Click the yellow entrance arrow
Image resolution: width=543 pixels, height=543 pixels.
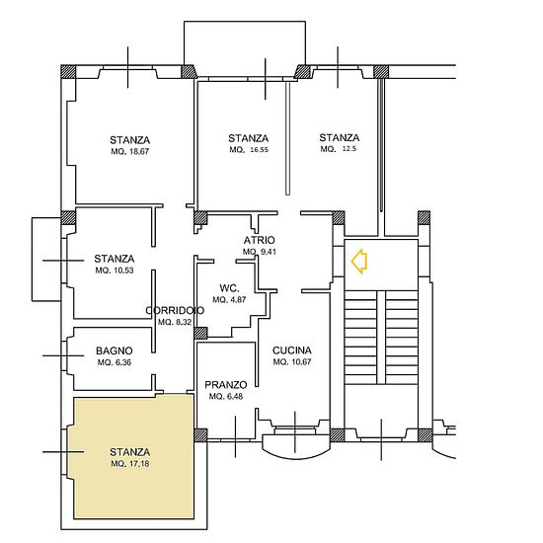[x=358, y=262]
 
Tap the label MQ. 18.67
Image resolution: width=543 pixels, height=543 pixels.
[x=130, y=152]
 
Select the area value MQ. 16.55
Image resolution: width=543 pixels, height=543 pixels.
[x=249, y=150]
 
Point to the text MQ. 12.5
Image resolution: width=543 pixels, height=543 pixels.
[x=339, y=149]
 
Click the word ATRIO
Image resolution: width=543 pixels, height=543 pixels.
[x=259, y=240]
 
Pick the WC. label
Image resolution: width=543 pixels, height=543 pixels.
[x=230, y=288]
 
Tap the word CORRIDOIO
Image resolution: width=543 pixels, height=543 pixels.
[x=175, y=310]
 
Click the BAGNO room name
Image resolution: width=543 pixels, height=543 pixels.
[x=115, y=350]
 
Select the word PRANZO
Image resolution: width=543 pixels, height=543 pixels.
[x=226, y=385]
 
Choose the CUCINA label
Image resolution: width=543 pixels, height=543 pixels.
[x=292, y=350]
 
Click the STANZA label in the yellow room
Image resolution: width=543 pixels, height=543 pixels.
[x=130, y=452]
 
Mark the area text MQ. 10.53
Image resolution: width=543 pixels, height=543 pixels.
[x=115, y=271]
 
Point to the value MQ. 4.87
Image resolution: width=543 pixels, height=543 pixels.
[x=229, y=300]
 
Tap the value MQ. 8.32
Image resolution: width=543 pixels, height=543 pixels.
[x=175, y=322]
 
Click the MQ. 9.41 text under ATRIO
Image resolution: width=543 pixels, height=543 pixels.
[x=260, y=252]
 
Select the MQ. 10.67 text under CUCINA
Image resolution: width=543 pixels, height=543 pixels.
[x=292, y=362]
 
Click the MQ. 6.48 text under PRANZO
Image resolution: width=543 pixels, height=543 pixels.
[x=226, y=397]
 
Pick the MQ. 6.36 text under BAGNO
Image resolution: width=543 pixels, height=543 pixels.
[x=115, y=362]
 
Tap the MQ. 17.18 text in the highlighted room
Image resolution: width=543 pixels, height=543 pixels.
[x=130, y=464]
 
